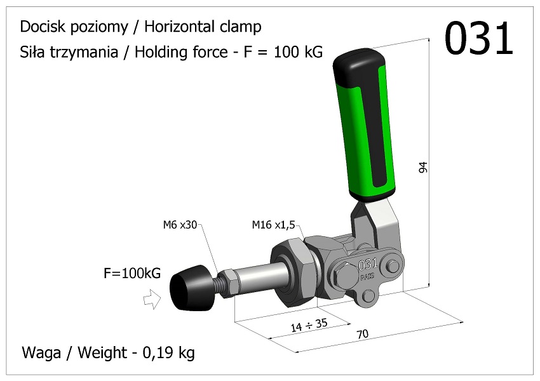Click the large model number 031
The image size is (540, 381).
478,38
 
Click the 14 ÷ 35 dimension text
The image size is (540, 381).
309,325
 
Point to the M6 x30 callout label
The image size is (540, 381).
180,224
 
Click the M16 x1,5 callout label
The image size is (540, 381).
273,224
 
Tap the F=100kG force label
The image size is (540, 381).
132,274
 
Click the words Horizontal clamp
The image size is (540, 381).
203,27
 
